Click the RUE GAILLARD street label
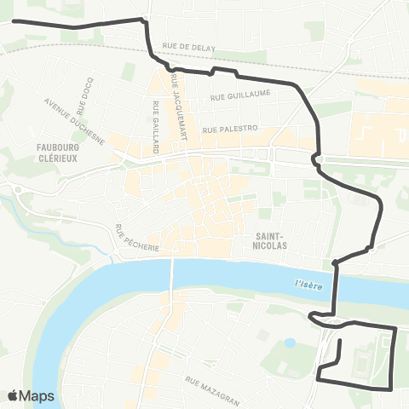click(x=156, y=127)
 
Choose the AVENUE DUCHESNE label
click(x=74, y=121)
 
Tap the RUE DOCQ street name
click(x=83, y=101)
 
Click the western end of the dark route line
click(x=12, y=20)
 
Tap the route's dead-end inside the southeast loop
click(x=340, y=342)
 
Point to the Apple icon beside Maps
click(x=13, y=395)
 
